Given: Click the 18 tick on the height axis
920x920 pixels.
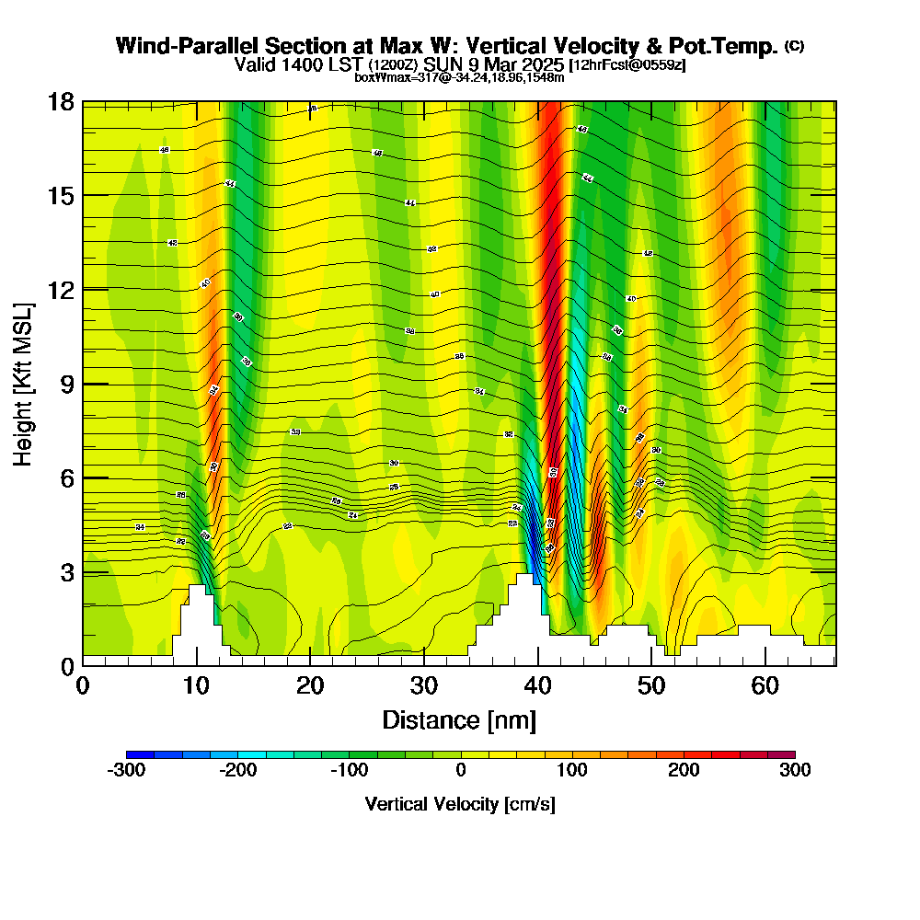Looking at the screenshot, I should [x=60, y=101].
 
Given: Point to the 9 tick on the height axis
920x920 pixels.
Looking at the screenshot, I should [x=67, y=384].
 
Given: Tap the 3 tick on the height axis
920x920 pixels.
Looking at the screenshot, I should [x=67, y=572].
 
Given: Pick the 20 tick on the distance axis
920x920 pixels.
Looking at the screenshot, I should [x=310, y=685].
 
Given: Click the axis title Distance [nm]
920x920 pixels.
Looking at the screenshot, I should [x=459, y=719].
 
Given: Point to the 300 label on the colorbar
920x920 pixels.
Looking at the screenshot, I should [x=795, y=771].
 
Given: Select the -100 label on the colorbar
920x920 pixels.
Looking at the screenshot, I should [x=349, y=771].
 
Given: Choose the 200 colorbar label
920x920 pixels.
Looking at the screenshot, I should [x=684, y=771].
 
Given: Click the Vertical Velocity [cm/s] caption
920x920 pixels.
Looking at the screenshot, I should [x=460, y=804].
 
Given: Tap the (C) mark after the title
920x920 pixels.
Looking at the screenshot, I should [x=794, y=46].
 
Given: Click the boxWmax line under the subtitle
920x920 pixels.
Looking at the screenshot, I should [x=459, y=77].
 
